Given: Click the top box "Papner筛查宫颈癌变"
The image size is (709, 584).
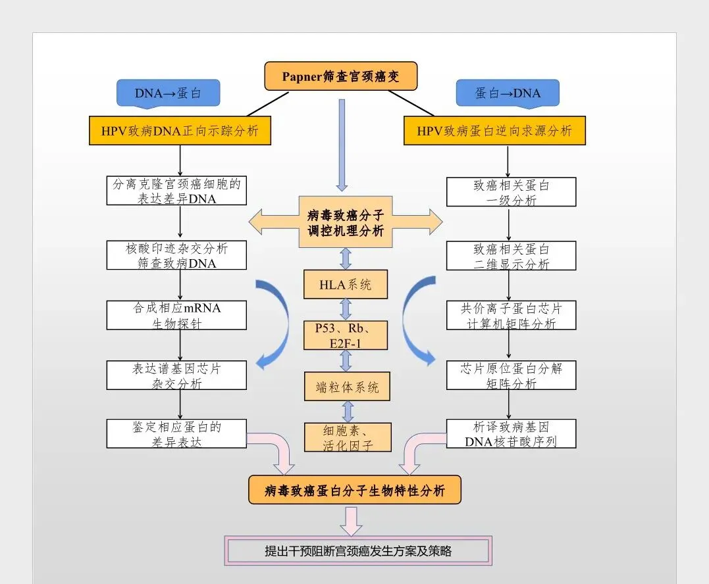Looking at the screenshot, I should tap(340, 76).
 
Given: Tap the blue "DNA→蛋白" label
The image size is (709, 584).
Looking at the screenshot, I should tap(168, 93).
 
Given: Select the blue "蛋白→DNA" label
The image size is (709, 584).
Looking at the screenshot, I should tap(508, 93).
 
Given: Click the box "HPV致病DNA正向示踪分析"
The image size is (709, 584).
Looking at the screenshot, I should tap(180, 131).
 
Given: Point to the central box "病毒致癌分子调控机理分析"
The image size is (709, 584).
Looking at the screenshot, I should tap(346, 222).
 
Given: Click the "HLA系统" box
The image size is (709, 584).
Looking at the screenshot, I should tap(345, 284).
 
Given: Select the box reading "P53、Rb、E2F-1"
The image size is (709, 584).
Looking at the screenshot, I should tap(345, 335).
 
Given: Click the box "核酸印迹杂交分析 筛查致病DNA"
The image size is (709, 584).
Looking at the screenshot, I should tap(176, 255).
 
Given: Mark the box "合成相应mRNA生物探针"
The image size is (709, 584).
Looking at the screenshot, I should tap(176, 315).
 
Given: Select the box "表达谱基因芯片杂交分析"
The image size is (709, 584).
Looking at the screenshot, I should tap(176, 376).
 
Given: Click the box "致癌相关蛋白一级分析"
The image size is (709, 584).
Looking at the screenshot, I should tap(511, 192).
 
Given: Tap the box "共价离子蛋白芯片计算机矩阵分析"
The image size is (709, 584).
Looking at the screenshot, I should tap(511, 315).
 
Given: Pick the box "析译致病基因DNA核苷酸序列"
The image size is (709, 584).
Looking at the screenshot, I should tap(511, 434).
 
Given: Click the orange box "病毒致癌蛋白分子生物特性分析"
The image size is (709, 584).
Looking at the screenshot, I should tap(355, 491).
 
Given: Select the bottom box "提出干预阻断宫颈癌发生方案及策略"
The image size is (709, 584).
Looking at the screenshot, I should tap(358, 551).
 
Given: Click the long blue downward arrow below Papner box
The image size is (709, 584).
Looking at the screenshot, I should tap(342, 145).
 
